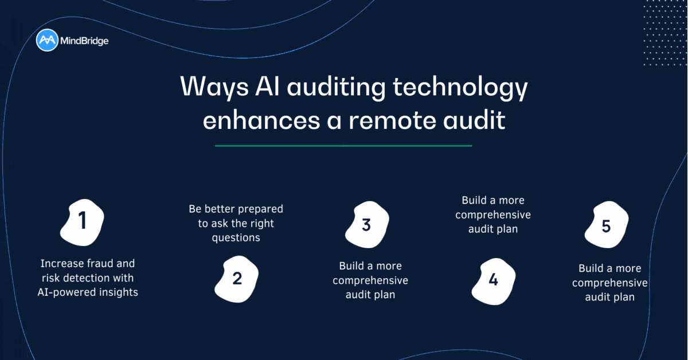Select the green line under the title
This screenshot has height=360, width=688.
tap(343, 146)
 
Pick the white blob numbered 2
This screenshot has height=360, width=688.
tap(236, 279)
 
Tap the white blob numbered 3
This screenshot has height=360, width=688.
tap(366, 225)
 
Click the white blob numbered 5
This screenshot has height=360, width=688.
tap(605, 227)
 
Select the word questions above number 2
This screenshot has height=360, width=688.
tap(236, 237)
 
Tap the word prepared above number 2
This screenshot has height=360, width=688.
tap(258, 209)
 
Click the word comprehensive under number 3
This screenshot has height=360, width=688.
tap(370, 281)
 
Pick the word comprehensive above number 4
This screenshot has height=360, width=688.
tap(493, 215)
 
